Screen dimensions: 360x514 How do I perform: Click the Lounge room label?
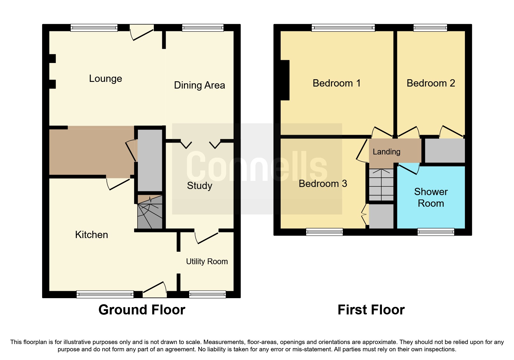pos(105,79)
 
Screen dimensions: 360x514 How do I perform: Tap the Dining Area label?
pos(199,85)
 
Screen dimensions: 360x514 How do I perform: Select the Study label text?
pos(199,186)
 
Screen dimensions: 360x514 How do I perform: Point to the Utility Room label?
pos(207,262)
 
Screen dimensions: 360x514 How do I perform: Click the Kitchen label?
pos(91,235)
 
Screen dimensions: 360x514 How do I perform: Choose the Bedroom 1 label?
pos(336,83)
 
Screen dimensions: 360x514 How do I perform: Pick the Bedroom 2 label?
pos(431,83)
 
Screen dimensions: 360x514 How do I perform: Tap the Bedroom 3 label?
pos(323,184)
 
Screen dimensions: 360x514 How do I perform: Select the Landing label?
pos(386,152)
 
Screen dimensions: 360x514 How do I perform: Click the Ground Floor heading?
pos(142,310)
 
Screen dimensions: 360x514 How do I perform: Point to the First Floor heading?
pos(371,310)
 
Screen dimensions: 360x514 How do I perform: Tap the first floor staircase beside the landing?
pos(381,185)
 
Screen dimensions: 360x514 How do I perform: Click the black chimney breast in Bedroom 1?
pos(285,80)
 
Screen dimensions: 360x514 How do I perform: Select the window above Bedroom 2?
pos(430,28)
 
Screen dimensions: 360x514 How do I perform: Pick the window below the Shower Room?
pos(436,232)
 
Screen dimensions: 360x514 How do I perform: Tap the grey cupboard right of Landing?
pos(445,151)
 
